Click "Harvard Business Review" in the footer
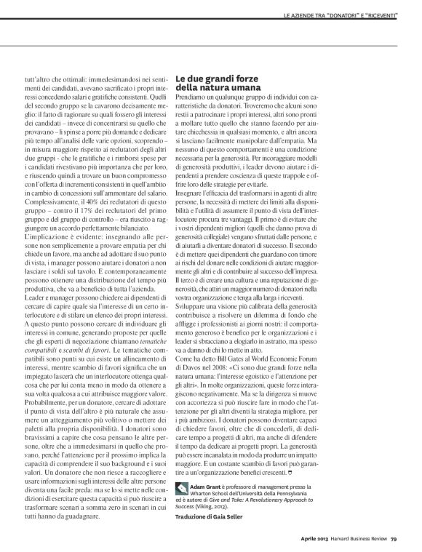coord(352,539)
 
